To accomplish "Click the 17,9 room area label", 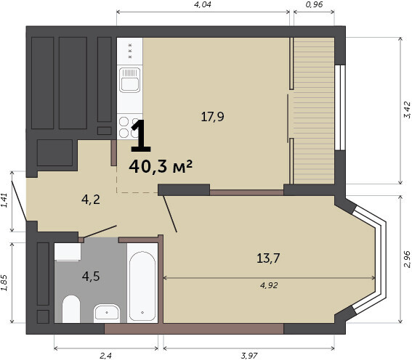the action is (213, 117).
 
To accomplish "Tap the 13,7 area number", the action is (268, 258).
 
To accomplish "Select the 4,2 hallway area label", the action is (91, 200).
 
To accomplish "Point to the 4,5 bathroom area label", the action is (91, 277).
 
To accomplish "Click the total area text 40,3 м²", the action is (161, 167).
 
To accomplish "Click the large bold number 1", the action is (140, 136).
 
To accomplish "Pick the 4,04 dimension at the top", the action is (203, 4).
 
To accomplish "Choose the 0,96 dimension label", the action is (314, 4).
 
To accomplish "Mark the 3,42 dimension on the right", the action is (407, 110).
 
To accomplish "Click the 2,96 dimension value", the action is (407, 259).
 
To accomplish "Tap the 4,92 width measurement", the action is (269, 285).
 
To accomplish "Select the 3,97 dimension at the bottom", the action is (249, 356).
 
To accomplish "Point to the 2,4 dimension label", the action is (105, 356).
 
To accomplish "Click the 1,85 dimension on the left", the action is (4, 283).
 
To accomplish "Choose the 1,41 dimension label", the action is (4, 200).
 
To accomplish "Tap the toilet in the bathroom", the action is (71, 309).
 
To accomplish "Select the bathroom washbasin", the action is (107, 312).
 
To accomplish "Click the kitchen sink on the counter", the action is (130, 80).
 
